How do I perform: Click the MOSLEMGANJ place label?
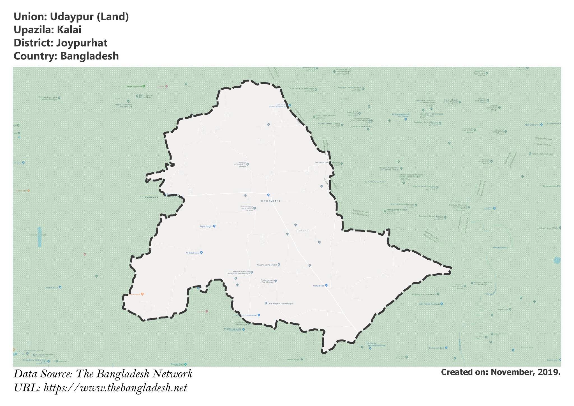click(270, 201)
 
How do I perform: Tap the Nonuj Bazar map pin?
click(326, 285)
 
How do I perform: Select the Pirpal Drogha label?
click(206, 226)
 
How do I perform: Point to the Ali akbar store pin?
click(201, 253)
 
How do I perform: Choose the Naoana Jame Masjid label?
click(267, 265)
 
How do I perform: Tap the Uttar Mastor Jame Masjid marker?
click(266, 303)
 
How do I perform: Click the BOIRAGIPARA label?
click(149, 197)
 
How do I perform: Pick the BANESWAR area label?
click(374, 182)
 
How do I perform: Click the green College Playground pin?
click(143, 86)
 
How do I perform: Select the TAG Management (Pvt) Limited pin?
click(406, 119)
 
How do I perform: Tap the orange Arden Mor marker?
click(28, 191)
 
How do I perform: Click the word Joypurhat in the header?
click(82, 43)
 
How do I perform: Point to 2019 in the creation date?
click(549, 372)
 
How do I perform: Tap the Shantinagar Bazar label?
click(233, 329)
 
